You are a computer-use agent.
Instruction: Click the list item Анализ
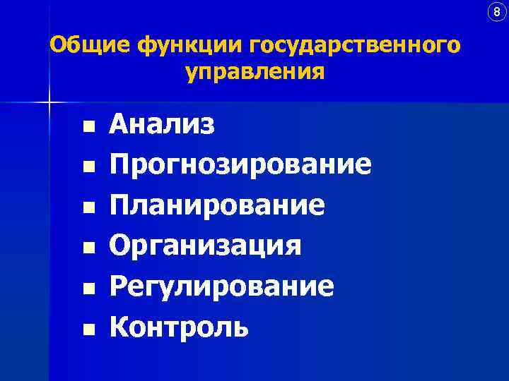pos(162,125)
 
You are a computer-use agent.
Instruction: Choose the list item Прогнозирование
pos(240,165)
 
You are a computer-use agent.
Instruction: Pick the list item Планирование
pos(217,206)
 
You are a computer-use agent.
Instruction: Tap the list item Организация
pos(205,246)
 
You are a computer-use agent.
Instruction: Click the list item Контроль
pos(178,327)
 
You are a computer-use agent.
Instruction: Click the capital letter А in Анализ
pos(119,125)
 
